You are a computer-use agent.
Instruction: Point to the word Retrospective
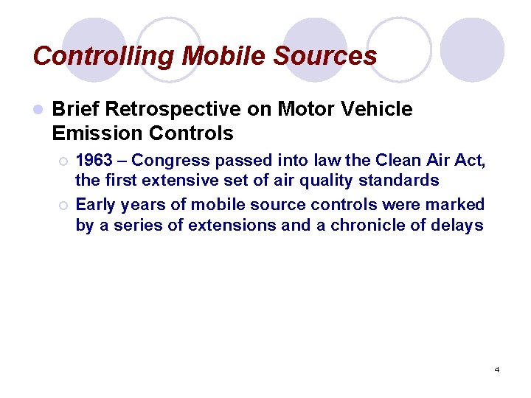[x=173, y=110]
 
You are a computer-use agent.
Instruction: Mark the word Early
[x=95, y=204]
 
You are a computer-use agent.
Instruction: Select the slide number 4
[x=497, y=369]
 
